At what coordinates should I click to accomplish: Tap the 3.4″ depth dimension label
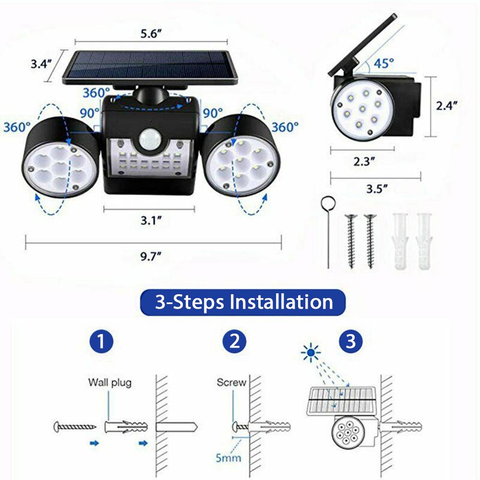pos(41,64)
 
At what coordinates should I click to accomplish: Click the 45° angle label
pos(384,62)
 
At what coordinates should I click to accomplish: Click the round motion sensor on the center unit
pos(149,140)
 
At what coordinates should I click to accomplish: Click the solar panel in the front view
pos(150,68)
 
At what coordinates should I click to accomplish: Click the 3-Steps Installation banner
pos(243,302)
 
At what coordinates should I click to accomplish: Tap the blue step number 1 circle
pos(101,342)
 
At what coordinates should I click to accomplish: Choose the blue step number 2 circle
pos(234,342)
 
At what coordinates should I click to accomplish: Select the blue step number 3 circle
pos(351,342)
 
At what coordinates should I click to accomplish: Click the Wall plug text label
pos(109,383)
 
